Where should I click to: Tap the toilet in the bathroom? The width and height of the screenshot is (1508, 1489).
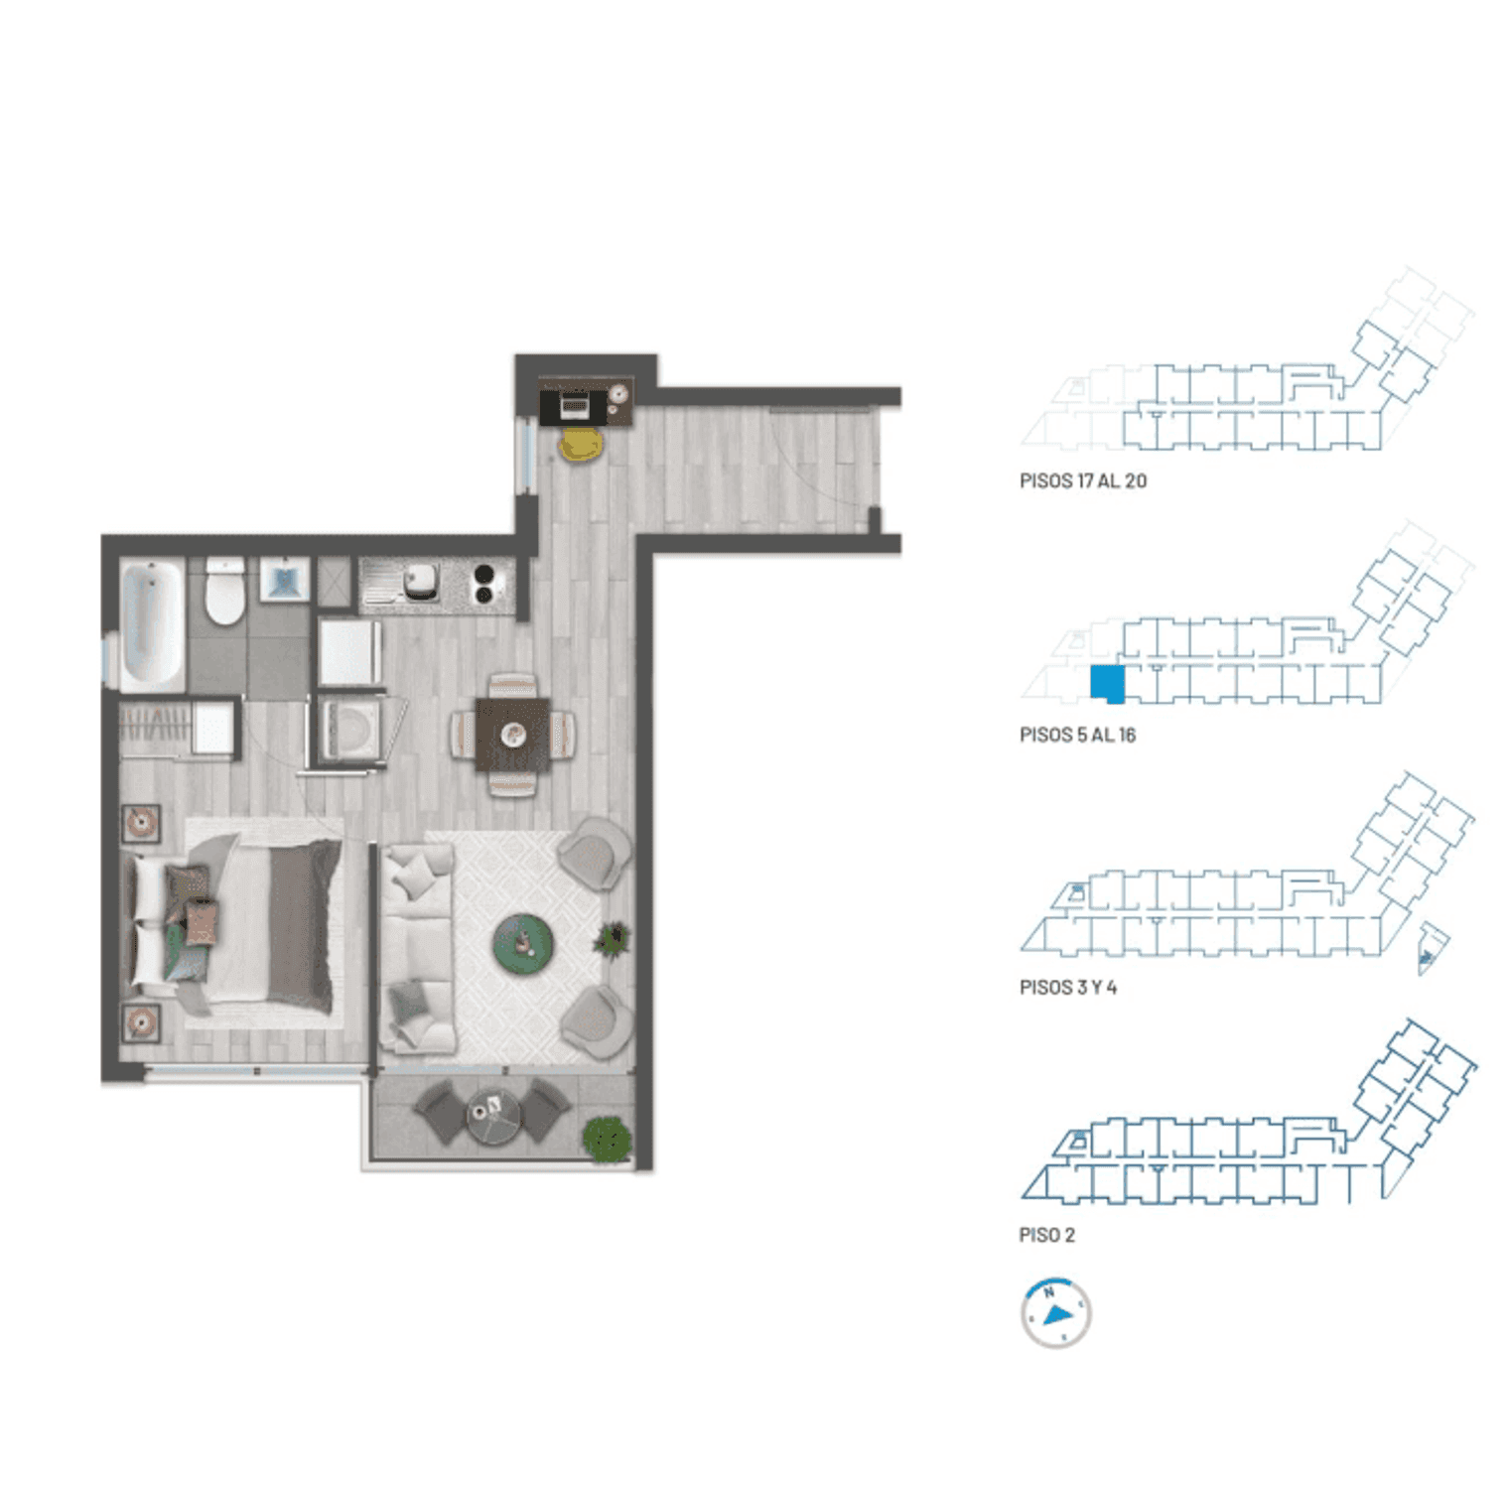pos(224,592)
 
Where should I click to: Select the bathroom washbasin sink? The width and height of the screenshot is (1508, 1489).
pos(285,580)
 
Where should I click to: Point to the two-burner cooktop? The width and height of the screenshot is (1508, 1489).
pos(483,584)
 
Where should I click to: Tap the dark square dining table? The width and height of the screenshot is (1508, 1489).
pos(512,735)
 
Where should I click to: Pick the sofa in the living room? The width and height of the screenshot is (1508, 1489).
pos(419,948)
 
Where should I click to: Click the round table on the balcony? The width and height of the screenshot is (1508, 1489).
pos(494,1117)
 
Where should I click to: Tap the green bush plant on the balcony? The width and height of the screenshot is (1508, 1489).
pos(608,1139)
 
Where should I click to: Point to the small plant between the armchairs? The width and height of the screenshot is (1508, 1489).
pos(612,938)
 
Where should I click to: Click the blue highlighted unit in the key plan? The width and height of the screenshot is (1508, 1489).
pos(1107,684)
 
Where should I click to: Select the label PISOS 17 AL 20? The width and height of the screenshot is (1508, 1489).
pos(1083,481)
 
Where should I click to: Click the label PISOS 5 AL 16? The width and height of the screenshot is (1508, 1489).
pos(1077,736)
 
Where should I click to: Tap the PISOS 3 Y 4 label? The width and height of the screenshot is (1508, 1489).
pos(1068,988)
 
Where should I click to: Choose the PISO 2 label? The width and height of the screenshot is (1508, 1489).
pos(1047,1235)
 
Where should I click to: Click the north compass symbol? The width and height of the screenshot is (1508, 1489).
pos(1056,1312)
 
